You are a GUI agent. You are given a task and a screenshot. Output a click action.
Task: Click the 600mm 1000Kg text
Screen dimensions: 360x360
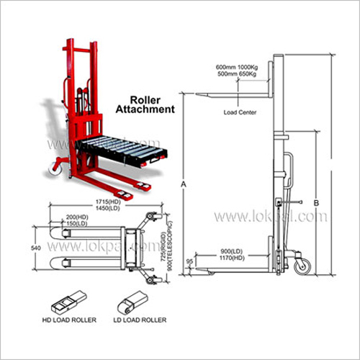[239, 68]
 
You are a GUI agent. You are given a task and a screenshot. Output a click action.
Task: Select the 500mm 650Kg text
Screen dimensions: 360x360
[239, 76]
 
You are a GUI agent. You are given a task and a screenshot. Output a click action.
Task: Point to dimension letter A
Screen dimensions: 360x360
[184, 184]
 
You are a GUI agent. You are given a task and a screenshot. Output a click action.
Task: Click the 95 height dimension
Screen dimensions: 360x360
[189, 262]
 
